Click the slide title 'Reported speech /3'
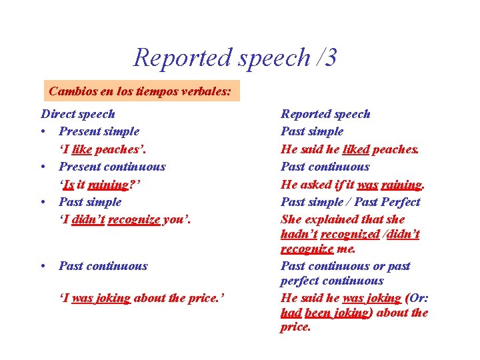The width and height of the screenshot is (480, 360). [x=235, y=57]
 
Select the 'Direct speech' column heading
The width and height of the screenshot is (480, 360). [x=78, y=114]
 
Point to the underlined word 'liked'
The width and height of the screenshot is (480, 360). [x=355, y=149]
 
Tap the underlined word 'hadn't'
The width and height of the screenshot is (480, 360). [x=299, y=234]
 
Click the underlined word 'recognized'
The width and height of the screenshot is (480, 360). [x=350, y=234]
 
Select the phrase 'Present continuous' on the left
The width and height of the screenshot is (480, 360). [x=112, y=167]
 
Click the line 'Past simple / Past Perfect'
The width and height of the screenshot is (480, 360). [x=351, y=201]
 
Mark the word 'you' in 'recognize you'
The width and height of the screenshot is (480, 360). [x=175, y=219]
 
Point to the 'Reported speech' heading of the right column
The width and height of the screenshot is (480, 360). [x=325, y=114]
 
